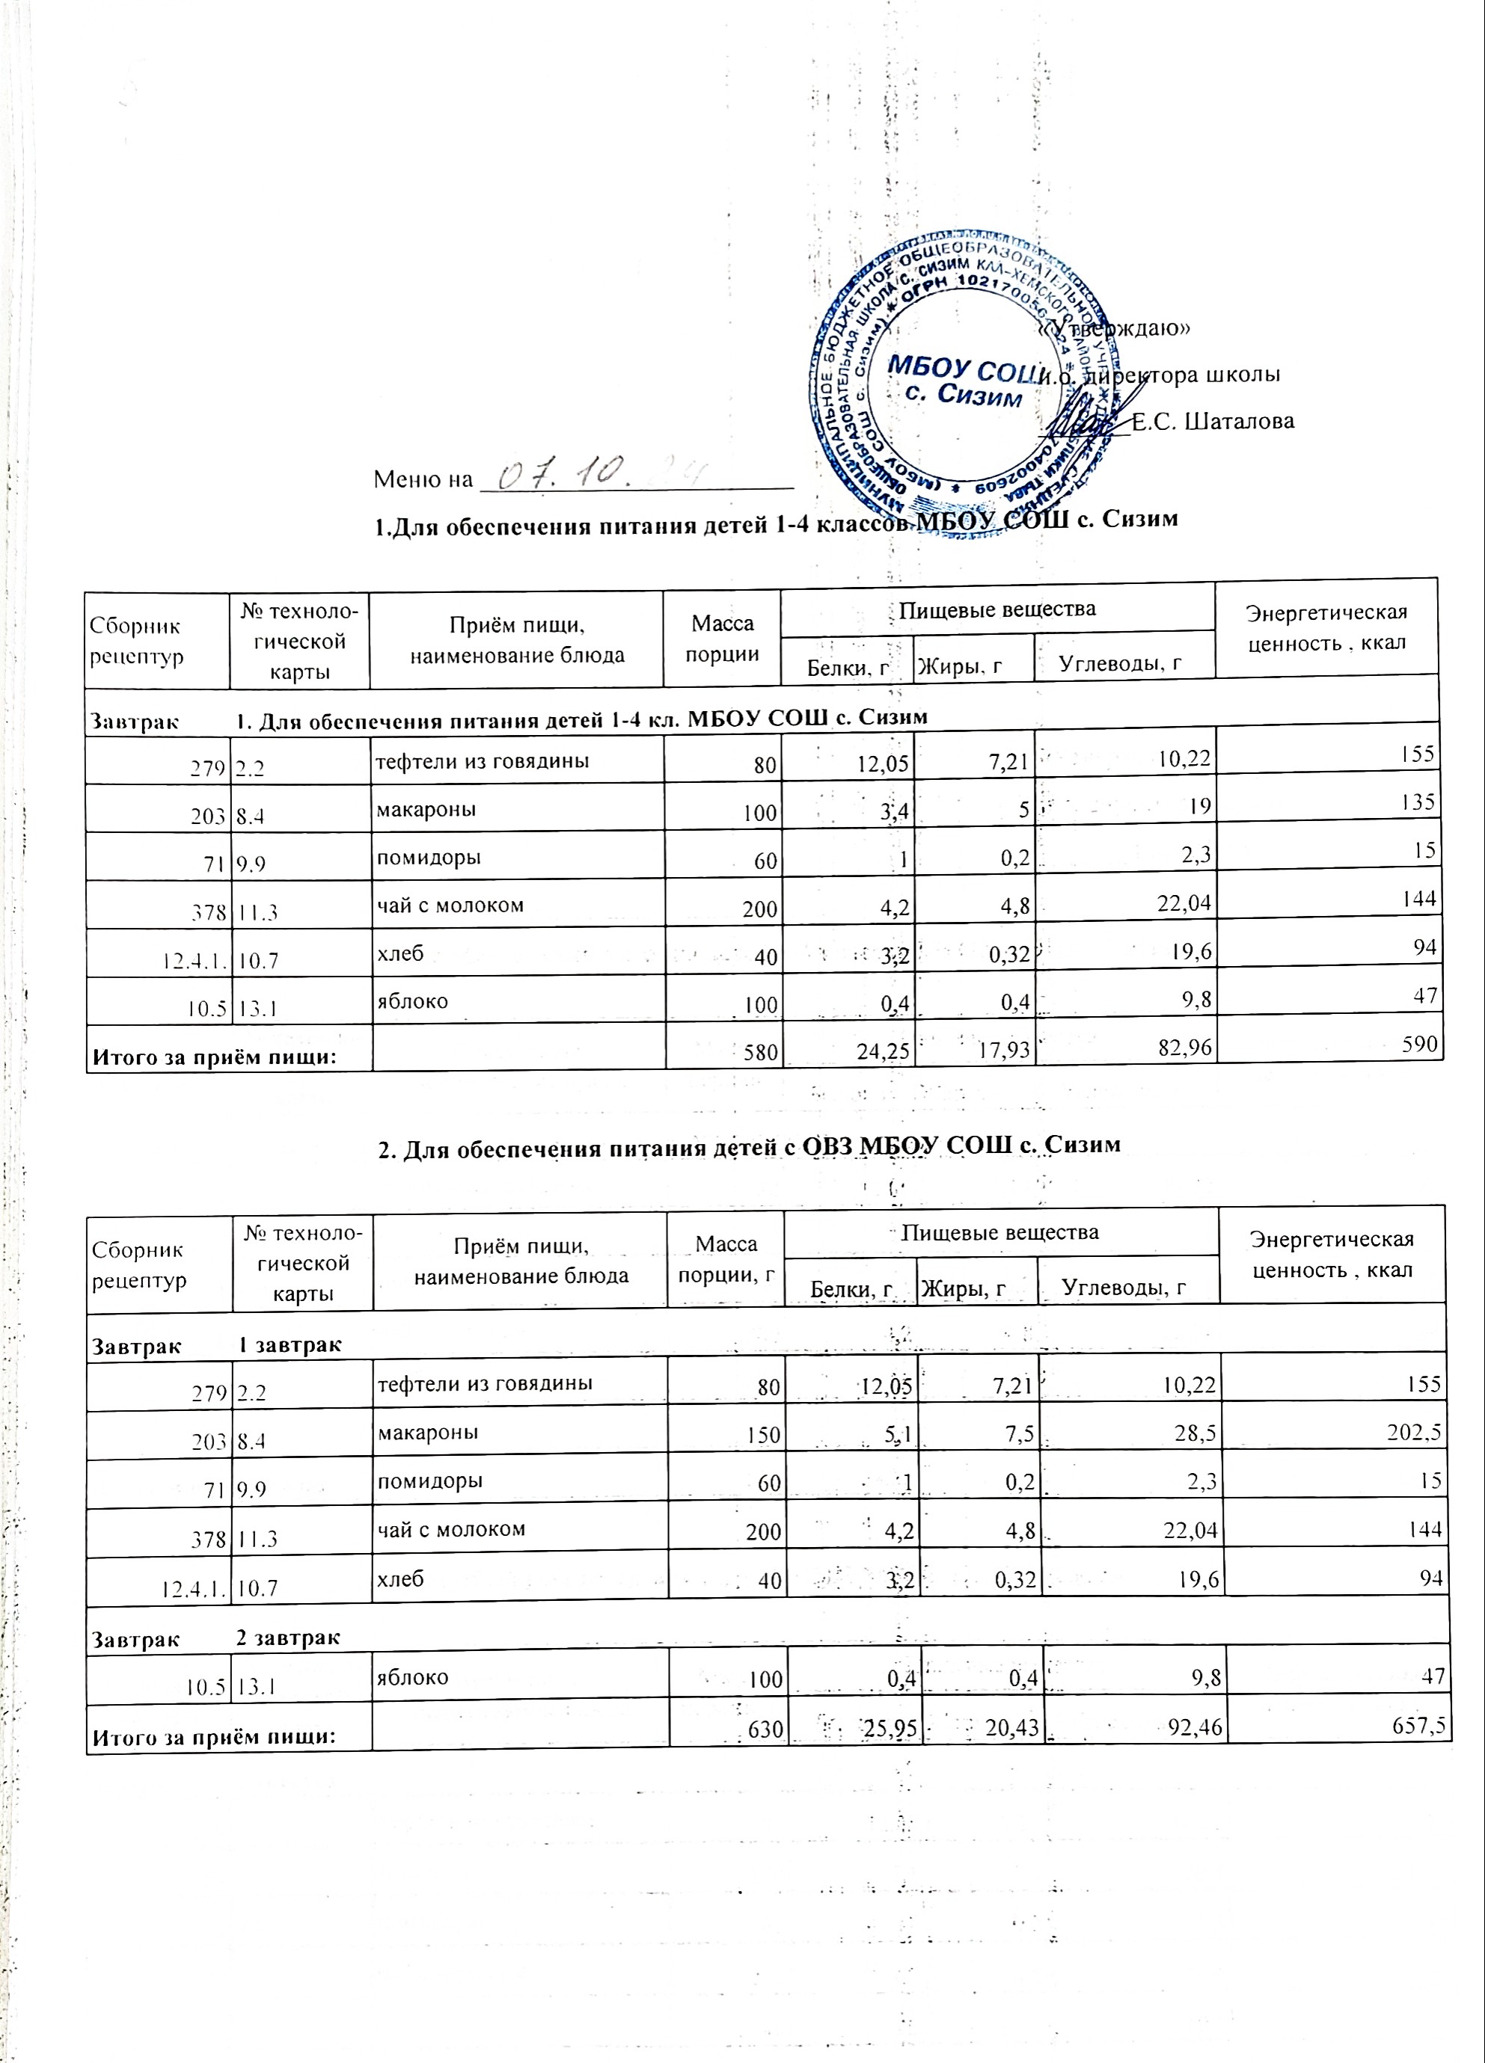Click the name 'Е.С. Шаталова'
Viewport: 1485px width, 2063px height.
(x=1212, y=421)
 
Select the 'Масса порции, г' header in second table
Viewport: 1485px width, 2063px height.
(x=725, y=1259)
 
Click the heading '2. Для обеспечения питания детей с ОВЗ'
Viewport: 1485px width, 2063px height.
(x=748, y=1148)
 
